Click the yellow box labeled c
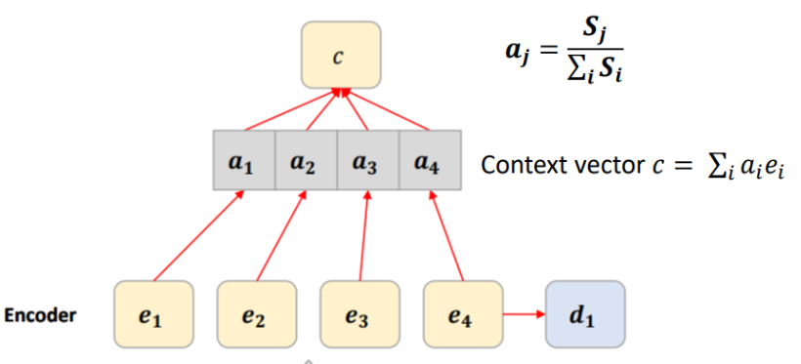click(x=338, y=58)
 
